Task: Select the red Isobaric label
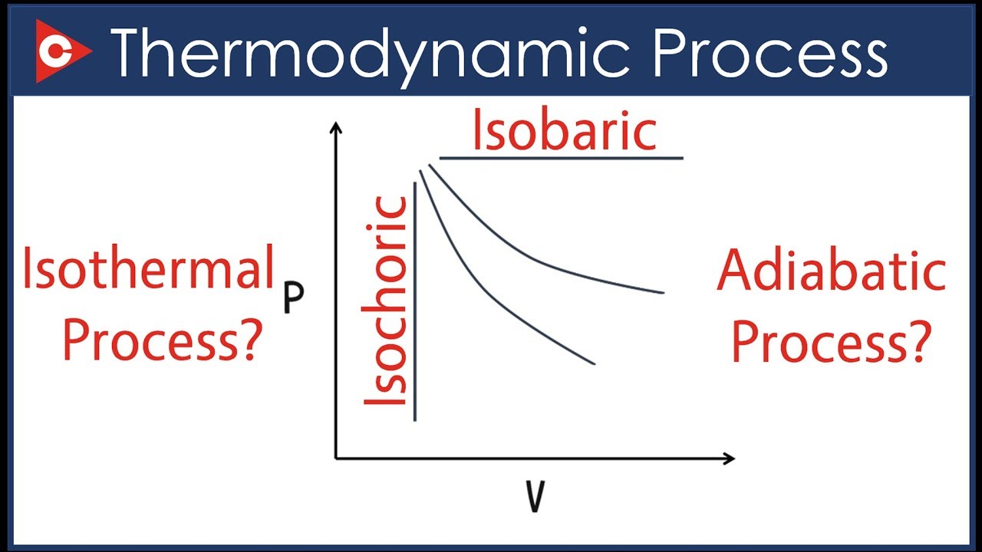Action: click(x=564, y=131)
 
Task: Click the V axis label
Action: click(x=535, y=497)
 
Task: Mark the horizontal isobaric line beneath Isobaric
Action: click(x=560, y=159)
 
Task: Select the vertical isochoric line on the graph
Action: click(x=415, y=307)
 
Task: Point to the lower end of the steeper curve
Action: click(x=594, y=363)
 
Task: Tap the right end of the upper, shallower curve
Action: click(x=661, y=292)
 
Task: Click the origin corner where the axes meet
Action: click(x=336, y=458)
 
